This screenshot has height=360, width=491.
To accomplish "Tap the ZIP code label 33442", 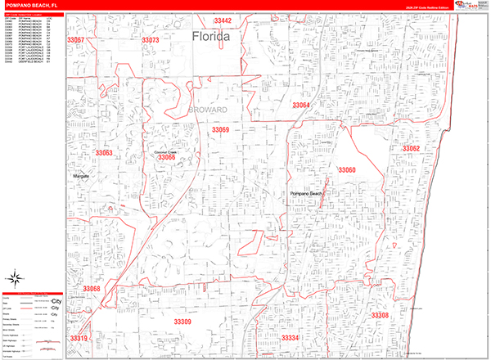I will click(222, 20).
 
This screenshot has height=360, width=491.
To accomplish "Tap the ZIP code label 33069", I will click(220, 129).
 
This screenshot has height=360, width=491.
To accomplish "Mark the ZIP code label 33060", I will click(347, 170).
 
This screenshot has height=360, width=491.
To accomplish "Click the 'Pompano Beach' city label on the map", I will click(307, 193).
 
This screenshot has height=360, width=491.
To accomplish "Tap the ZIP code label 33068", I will click(91, 289).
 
